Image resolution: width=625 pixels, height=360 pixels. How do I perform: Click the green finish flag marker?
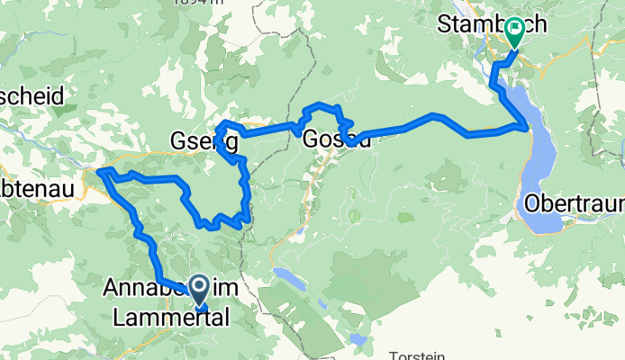pyautogui.click(x=513, y=31)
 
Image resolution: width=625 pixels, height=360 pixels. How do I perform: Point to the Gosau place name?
pyautogui.click(x=337, y=140)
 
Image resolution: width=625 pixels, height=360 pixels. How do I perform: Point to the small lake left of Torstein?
pyautogui.click(x=359, y=340)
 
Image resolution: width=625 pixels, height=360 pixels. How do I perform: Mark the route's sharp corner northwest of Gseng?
pyautogui.click(x=222, y=124)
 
